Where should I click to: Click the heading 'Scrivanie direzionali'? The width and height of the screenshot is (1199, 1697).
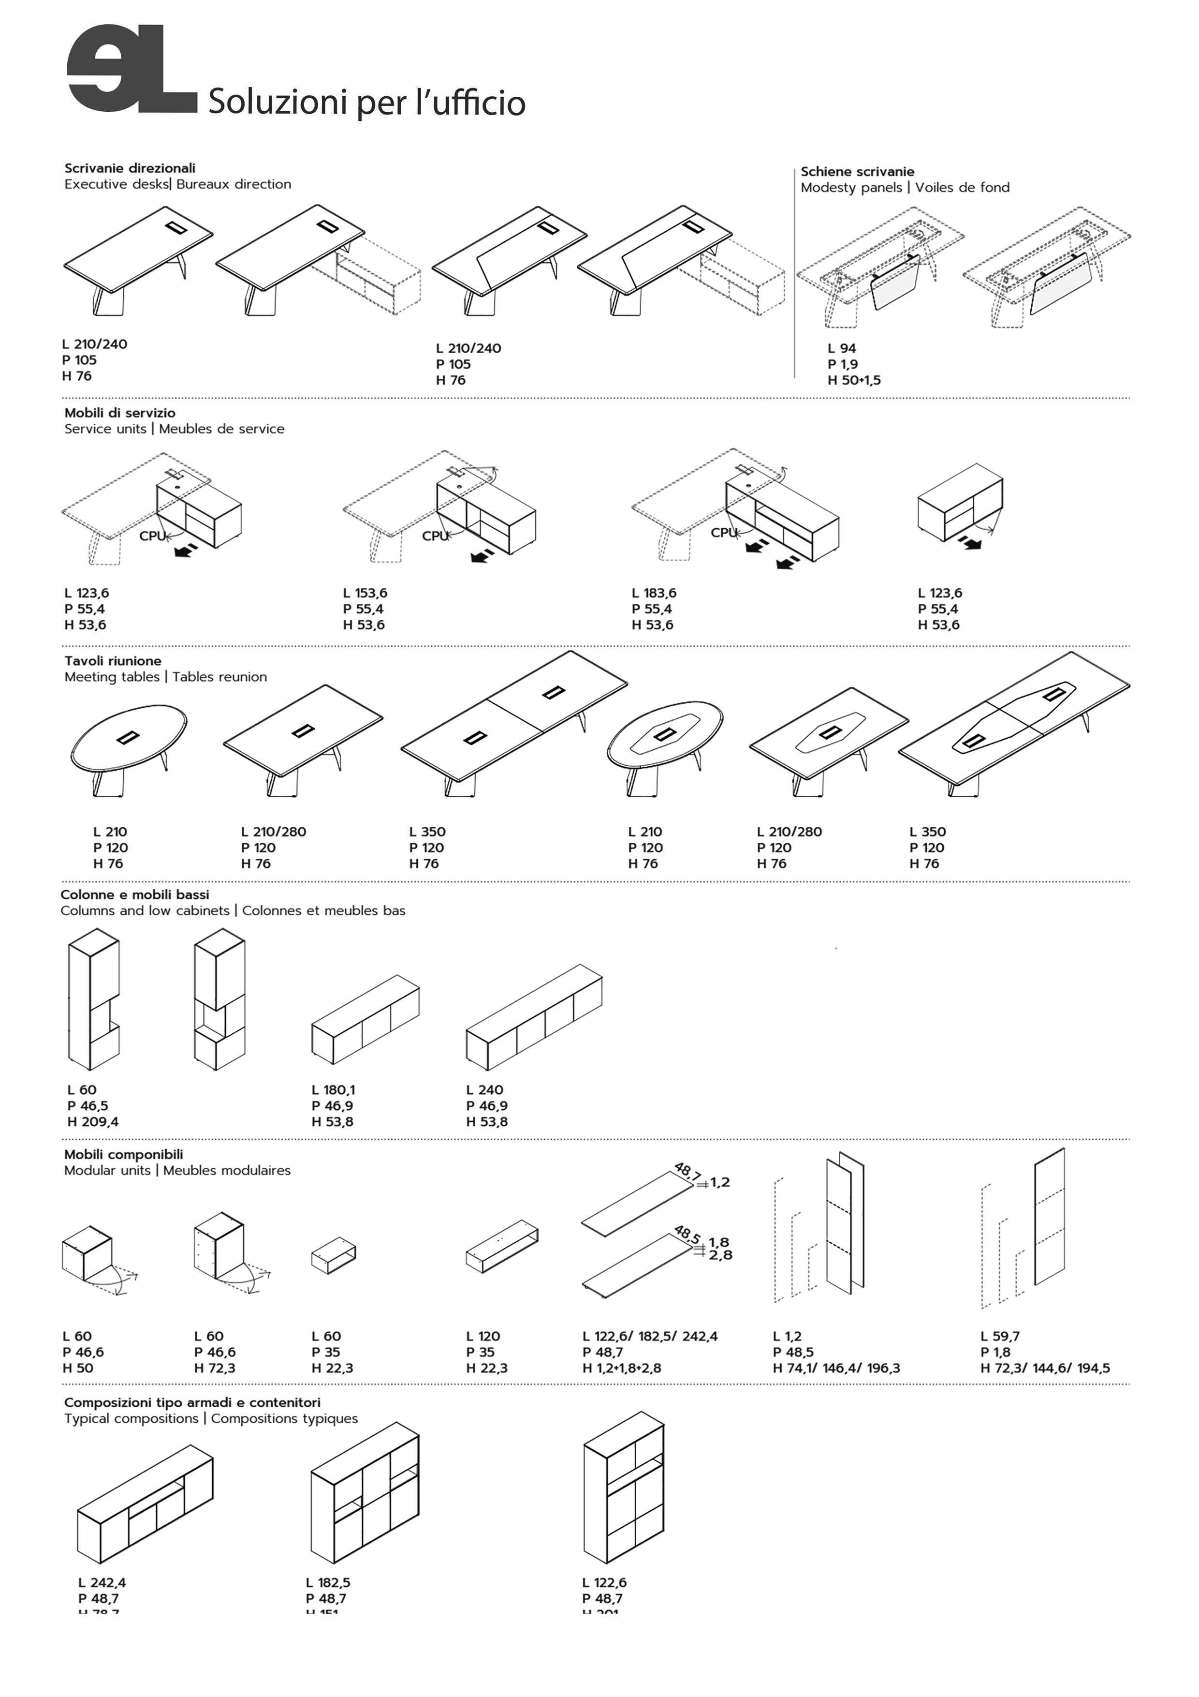tap(130, 168)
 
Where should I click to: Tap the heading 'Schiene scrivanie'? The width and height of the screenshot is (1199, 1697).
tap(857, 171)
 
